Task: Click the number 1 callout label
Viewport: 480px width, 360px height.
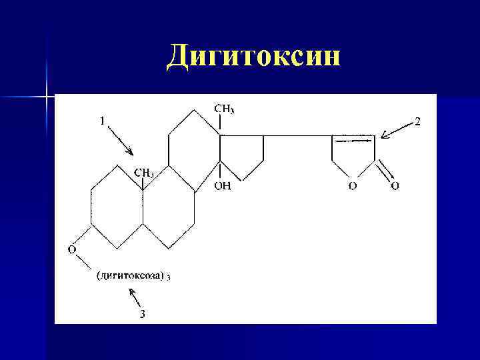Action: point(102,121)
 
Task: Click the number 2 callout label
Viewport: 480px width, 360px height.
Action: point(417,121)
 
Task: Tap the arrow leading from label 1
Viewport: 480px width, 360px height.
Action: point(121,141)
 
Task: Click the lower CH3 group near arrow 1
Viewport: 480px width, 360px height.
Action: point(144,173)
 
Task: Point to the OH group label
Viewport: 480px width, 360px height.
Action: point(222,187)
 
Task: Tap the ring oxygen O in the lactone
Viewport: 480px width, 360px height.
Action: point(352,186)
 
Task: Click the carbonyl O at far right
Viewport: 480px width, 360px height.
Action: point(395,186)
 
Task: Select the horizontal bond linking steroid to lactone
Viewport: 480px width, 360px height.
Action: point(297,136)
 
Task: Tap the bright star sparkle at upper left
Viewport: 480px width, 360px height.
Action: point(47,97)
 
